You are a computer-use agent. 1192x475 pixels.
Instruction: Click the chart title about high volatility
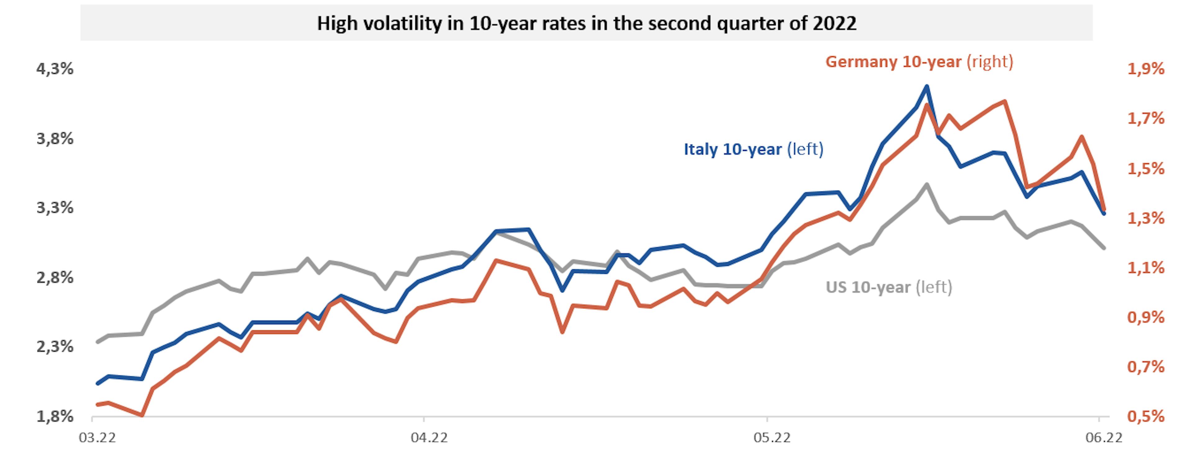(586, 23)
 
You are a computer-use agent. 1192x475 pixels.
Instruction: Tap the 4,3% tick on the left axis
(55, 69)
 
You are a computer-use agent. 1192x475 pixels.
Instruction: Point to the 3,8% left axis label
(55, 138)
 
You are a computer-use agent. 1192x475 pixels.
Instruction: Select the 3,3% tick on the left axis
(55, 208)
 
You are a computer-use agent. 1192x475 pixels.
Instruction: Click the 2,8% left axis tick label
(55, 277)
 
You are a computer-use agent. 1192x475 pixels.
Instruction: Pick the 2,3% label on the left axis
(55, 347)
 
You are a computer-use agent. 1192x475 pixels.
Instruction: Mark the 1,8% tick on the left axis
(55, 416)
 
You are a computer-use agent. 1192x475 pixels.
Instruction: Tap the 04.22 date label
(429, 437)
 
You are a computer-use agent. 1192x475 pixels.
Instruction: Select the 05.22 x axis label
(772, 437)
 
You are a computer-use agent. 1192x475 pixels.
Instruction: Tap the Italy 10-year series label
(753, 150)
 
